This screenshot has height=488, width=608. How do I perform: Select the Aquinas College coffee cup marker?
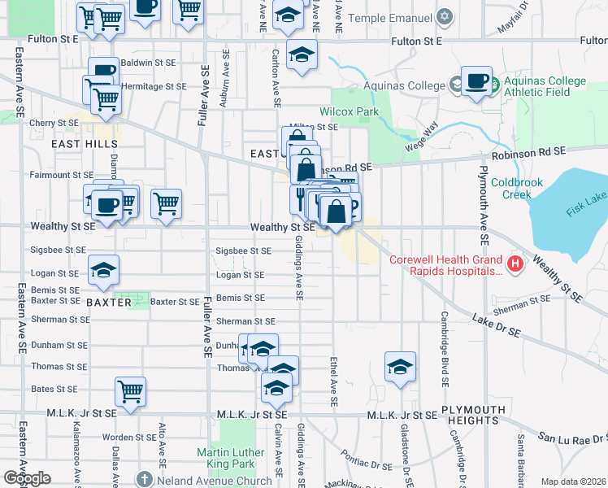click(x=477, y=82)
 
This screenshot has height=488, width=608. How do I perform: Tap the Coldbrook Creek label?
click(x=516, y=189)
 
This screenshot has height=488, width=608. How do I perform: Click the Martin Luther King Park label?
click(x=230, y=459)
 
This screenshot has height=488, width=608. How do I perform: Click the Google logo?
click(x=27, y=478)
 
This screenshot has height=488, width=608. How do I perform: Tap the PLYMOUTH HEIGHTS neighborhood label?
click(x=469, y=414)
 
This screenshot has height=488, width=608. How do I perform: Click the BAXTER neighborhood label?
click(x=108, y=302)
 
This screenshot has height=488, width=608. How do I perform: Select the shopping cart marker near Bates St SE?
click(x=130, y=392)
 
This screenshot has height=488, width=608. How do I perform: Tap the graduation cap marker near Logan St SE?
click(x=103, y=270)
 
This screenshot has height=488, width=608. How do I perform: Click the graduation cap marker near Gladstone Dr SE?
click(x=400, y=367)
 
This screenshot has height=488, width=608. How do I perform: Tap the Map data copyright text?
click(x=572, y=481)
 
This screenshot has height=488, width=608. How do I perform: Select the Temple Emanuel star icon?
click(x=444, y=17)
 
